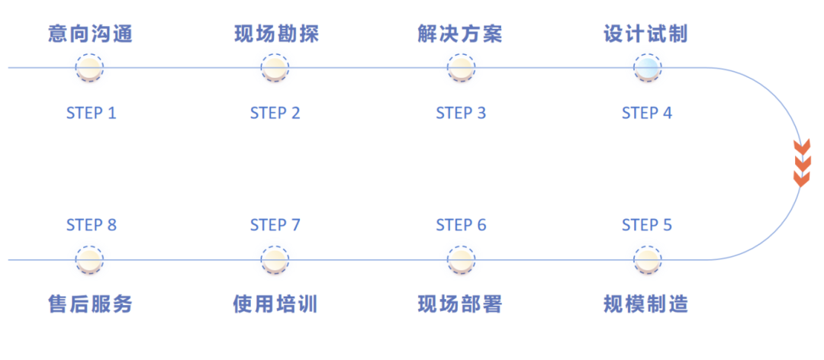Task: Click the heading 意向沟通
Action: coord(89,34)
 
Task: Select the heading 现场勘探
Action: coord(275,34)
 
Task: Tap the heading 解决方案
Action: coord(460,34)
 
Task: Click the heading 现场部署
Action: coord(460,304)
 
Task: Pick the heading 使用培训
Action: coord(275,304)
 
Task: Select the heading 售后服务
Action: coord(89,304)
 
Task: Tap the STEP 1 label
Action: coord(91,114)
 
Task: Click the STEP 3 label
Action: coord(461,114)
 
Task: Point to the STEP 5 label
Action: coord(647,225)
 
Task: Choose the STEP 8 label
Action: coord(91,225)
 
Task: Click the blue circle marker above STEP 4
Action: coord(647,68)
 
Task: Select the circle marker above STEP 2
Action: coord(275,68)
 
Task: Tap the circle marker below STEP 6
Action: coord(461,259)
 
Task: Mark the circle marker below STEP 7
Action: coord(275,259)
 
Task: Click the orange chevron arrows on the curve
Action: coord(801,162)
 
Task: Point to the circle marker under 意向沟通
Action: coord(89,68)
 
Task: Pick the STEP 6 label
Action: coord(461,225)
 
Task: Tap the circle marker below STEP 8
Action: coord(89,259)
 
